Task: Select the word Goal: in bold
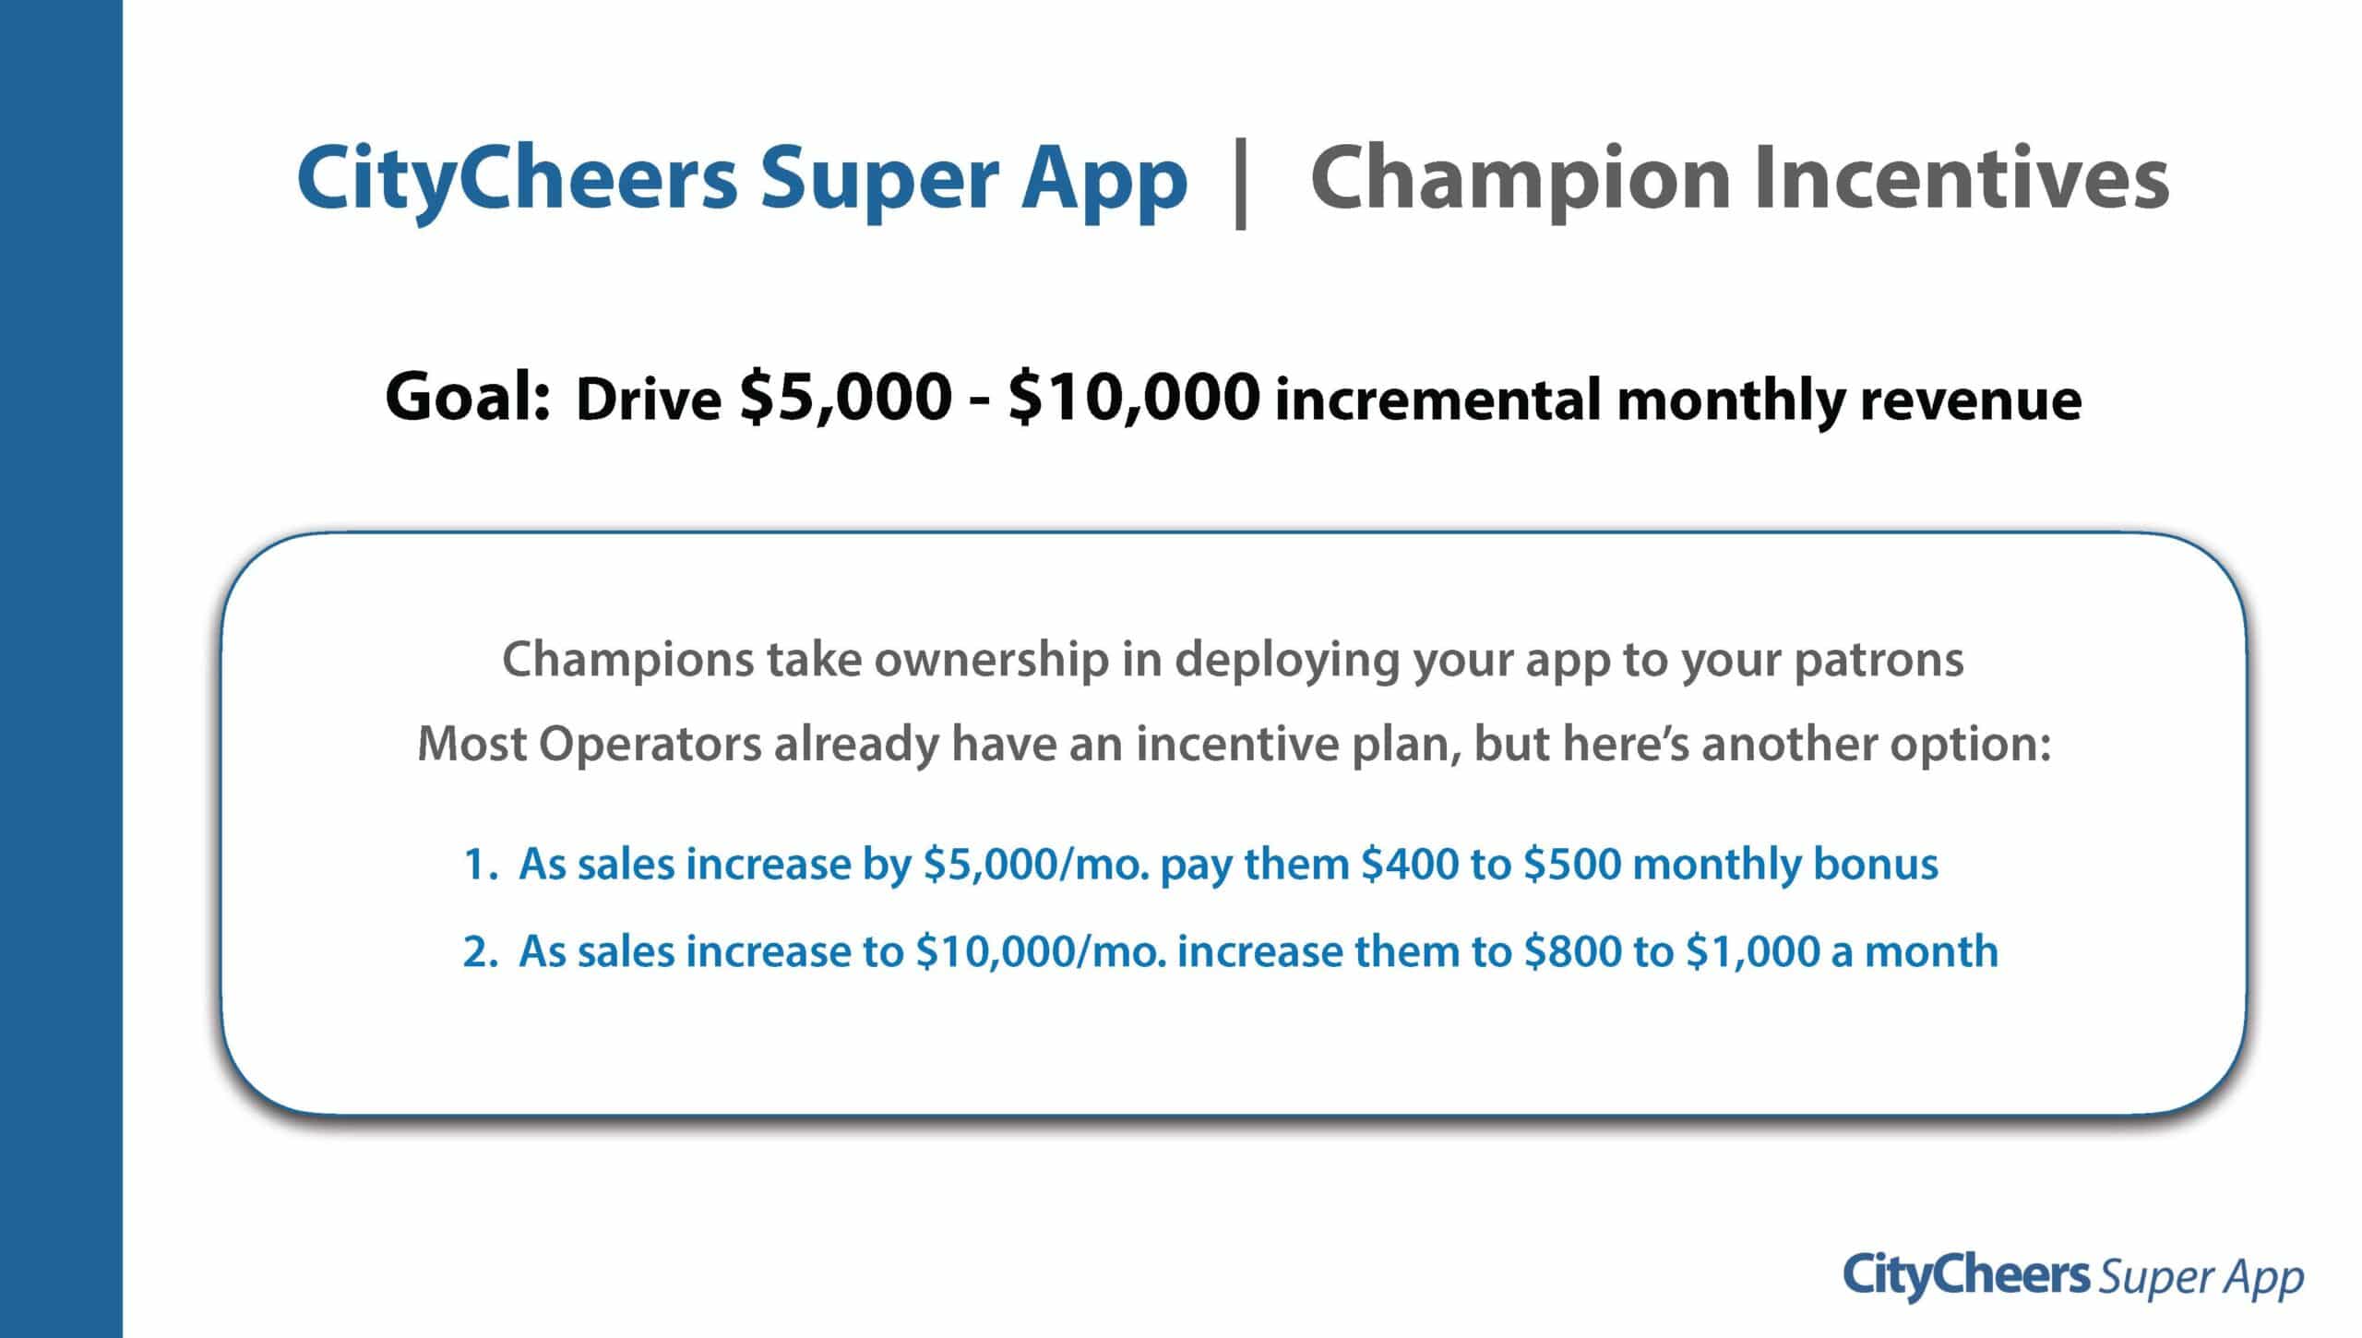(x=468, y=397)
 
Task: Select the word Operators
(x=650, y=746)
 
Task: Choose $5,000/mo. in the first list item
(x=1036, y=865)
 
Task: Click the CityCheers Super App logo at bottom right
(x=2073, y=1278)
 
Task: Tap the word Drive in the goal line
(x=649, y=401)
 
